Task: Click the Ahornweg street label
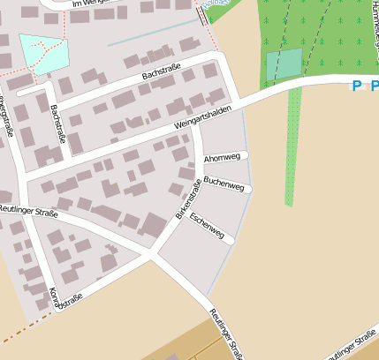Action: tap(222, 158)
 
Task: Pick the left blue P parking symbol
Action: tap(357, 86)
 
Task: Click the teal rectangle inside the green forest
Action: tap(284, 64)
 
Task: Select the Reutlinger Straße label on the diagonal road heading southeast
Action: tap(226, 334)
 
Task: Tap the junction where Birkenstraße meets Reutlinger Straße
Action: tap(151, 256)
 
